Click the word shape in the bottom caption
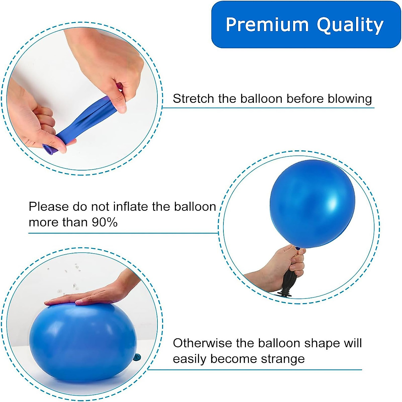coord(319,344)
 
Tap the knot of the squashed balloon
coord(136,357)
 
